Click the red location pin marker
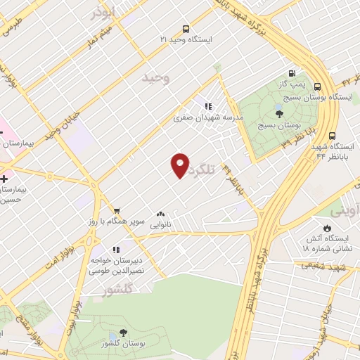(180, 165)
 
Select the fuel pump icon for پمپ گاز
(291, 73)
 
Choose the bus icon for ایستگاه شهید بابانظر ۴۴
(332, 136)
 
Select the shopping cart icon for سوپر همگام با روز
(117, 210)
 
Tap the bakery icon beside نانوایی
(160, 214)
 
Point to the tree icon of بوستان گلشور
(123, 333)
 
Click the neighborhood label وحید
(156, 78)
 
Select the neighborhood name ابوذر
(102, 13)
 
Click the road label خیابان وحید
(60, 124)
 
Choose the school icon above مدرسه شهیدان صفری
(208, 105)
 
